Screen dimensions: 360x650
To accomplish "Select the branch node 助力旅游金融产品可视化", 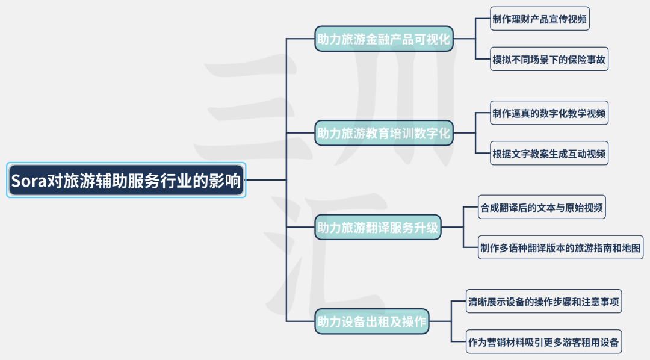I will tap(384, 39).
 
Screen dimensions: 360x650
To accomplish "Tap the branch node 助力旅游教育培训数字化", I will tap(384, 133).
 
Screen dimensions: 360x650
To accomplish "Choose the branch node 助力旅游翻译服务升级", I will tap(378, 228).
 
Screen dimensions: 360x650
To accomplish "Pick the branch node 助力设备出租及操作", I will tap(372, 321).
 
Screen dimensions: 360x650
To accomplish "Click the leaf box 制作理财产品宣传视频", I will tap(539, 18).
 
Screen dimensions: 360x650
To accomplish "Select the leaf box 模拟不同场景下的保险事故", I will tap(549, 59).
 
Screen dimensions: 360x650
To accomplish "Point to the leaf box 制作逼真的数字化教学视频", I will tap(549, 113).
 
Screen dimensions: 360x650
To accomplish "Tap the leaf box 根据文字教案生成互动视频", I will tap(549, 153).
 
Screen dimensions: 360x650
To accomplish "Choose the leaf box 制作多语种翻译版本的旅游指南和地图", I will tap(560, 247).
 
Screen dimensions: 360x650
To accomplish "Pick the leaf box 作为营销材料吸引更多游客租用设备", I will tap(543, 342).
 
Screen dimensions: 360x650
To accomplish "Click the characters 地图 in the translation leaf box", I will tap(631, 247).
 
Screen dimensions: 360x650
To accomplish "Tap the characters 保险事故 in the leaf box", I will tap(587, 59).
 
